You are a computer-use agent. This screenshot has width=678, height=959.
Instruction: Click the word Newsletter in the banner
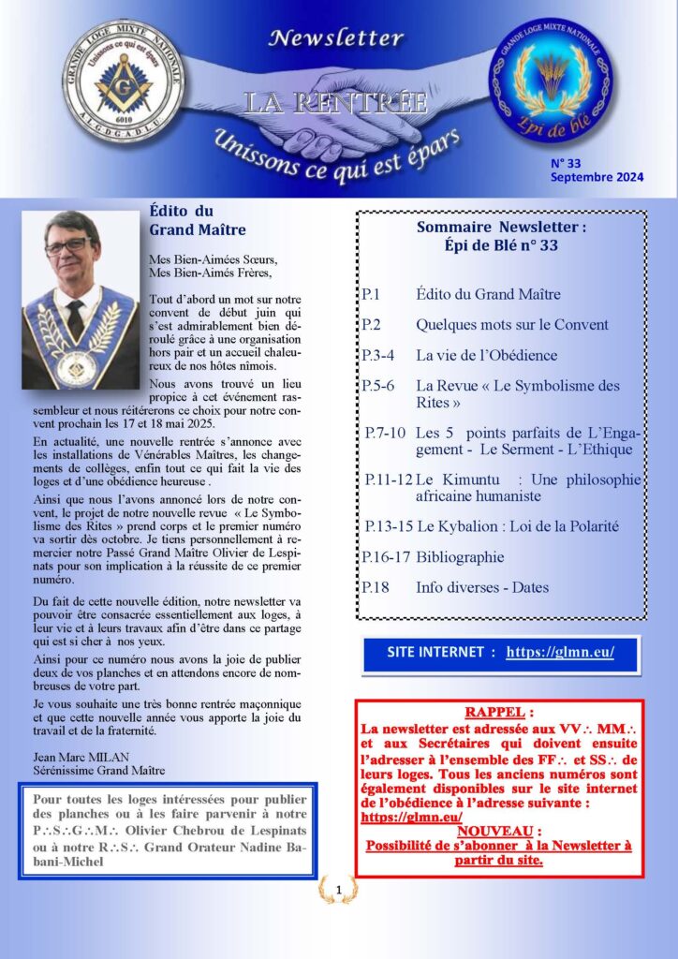pos(335,38)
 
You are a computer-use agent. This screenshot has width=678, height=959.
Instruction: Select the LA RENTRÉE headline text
pos(334,101)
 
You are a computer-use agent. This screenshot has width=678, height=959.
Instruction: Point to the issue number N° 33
pos(567,162)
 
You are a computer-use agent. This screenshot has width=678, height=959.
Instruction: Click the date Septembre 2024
pos(597,177)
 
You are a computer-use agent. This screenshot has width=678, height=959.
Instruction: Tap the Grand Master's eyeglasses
pos(66,245)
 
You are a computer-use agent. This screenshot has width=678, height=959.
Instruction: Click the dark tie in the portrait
pos(74,320)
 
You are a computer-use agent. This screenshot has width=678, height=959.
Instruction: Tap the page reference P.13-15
pos(387,526)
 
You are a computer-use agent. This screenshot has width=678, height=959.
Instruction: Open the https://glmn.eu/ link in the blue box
pos(560,652)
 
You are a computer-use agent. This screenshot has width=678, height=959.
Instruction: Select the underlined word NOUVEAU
pos(498,831)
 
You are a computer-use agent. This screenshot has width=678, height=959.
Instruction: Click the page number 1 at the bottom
pos(338,888)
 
